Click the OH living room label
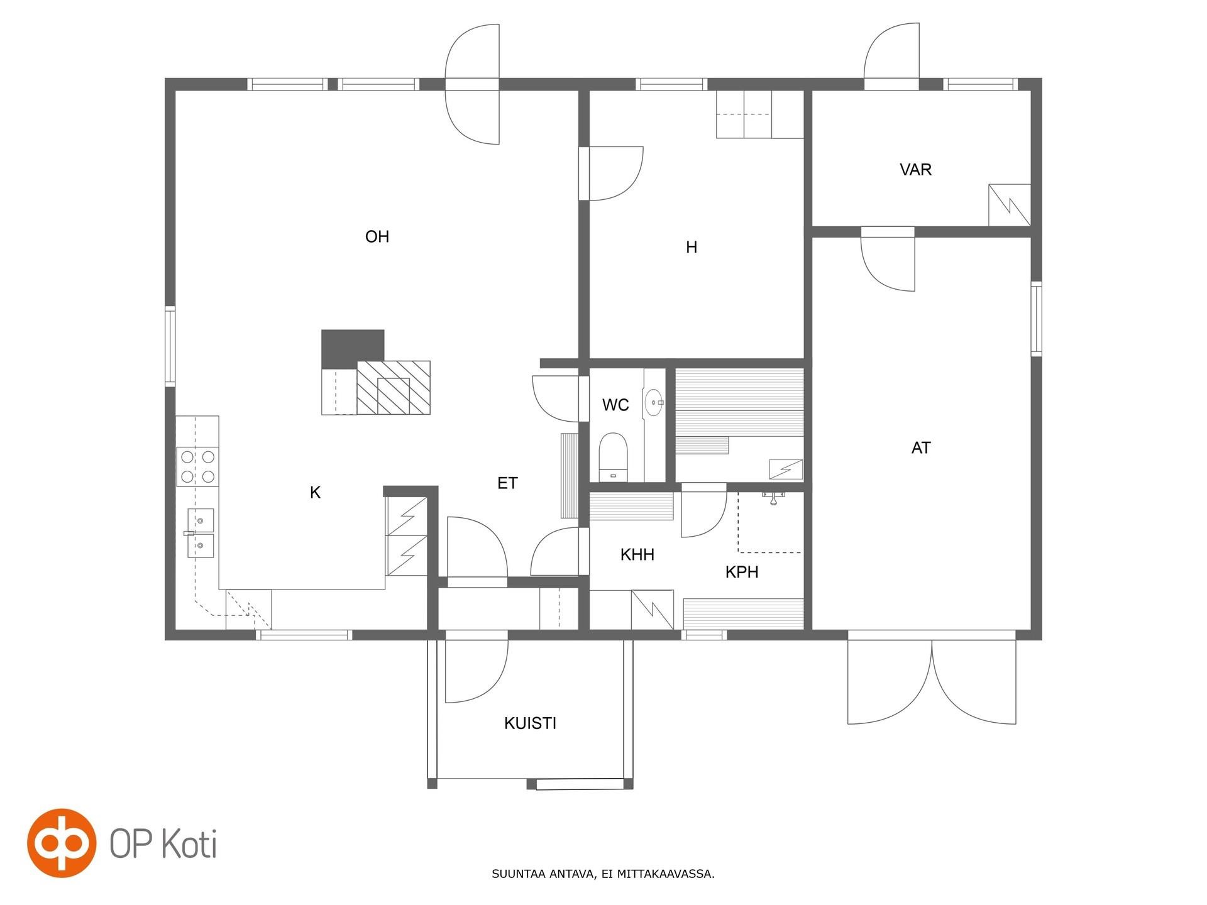pos(377,236)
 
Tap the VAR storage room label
pos(915,170)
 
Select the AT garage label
pos(921,448)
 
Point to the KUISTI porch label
pos(530,723)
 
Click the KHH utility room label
pos(637,554)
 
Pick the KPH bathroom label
pos(742,572)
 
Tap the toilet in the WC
pos(613,456)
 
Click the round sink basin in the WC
pos(654,402)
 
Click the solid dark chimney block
pos(352,348)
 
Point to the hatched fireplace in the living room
pos(394,387)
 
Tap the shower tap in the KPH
pos(773,498)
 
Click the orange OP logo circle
pos(62,843)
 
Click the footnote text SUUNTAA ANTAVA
pos(543,874)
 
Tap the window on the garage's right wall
pos(1036,319)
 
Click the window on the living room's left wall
pos(170,345)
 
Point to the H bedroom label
pos(692,248)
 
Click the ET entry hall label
pos(507,483)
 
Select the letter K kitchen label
pos(315,493)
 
